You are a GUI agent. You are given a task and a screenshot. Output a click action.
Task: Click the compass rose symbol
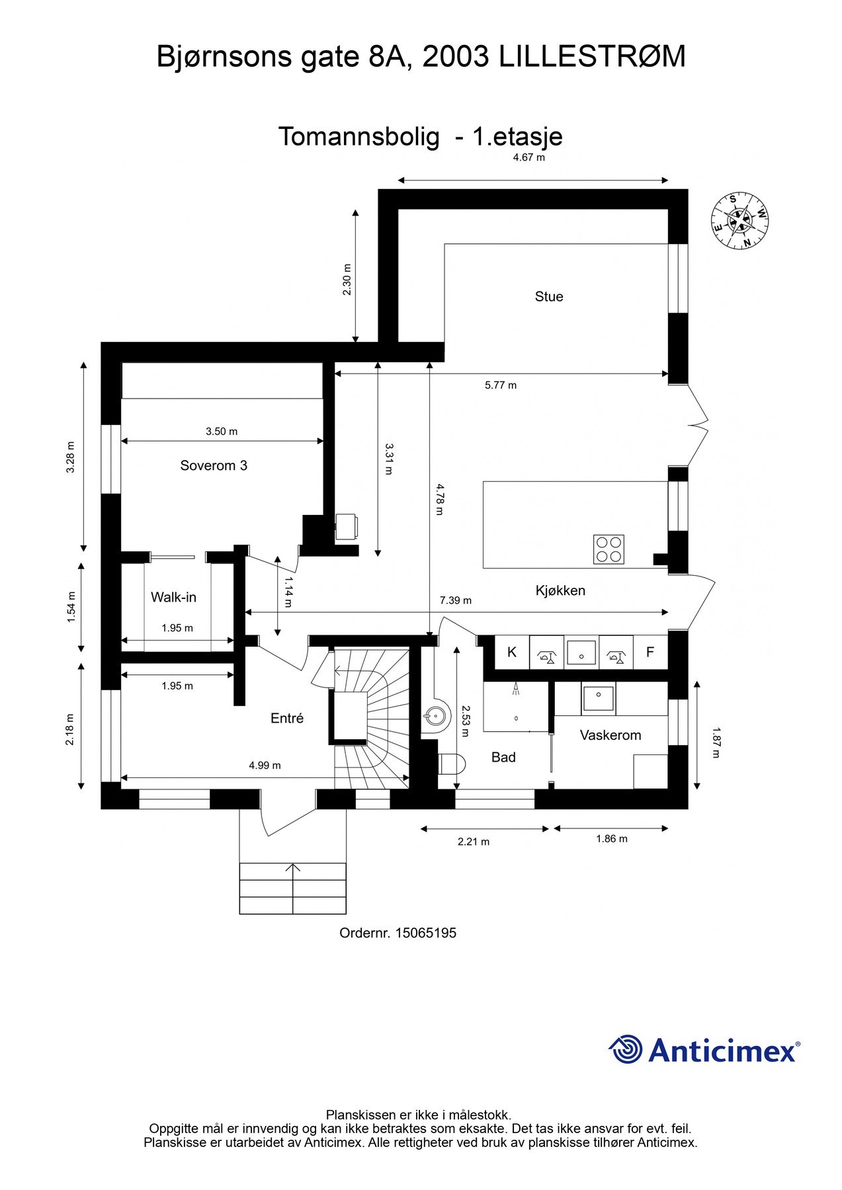tap(740, 221)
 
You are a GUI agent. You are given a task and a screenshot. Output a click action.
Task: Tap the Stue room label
tap(548, 297)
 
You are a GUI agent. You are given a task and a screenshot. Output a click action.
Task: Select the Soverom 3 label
tap(214, 465)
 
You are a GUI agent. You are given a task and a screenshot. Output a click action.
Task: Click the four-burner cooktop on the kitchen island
tap(609, 549)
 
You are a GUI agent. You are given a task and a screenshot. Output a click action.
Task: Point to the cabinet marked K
tap(511, 653)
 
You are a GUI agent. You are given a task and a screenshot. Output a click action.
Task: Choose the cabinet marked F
tap(650, 653)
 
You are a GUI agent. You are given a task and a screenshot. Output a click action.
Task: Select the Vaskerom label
tap(610, 735)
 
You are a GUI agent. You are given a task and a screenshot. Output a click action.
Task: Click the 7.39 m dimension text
tap(456, 600)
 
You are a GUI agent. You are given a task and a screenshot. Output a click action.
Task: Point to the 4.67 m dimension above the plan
tap(528, 158)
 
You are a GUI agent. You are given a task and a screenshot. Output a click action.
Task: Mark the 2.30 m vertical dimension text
tap(347, 279)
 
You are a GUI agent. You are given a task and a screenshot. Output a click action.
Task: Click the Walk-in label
tap(173, 597)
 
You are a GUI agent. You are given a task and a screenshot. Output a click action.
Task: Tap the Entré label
tap(286, 718)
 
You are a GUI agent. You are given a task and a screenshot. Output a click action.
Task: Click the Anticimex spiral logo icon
tap(626, 1049)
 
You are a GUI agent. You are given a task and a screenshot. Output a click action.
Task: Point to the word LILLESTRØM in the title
tap(592, 57)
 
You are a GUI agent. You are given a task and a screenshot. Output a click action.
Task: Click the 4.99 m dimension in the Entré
tap(265, 766)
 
